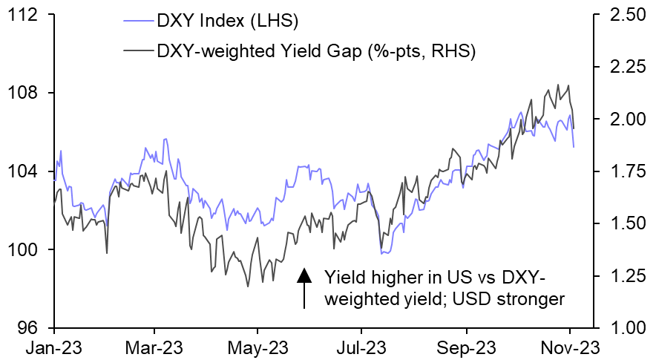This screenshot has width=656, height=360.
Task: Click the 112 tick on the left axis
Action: [x=27, y=16]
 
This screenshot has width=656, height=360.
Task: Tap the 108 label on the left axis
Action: [x=27, y=94]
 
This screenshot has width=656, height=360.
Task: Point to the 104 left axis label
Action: [x=27, y=171]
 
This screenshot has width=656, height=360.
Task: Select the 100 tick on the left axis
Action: [x=27, y=250]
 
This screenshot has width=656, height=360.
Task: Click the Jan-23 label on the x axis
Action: [x=55, y=346]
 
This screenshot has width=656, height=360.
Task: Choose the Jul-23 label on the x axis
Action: [x=361, y=346]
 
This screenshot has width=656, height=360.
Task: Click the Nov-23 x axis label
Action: [x=570, y=346]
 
